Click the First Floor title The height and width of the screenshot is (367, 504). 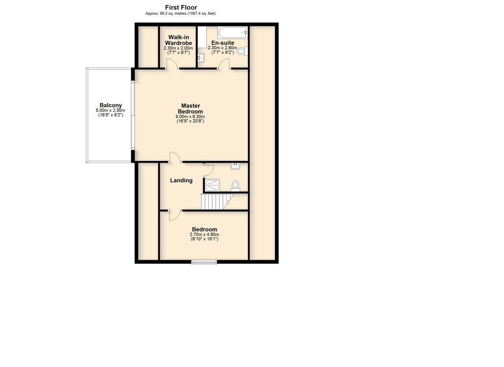click(x=181, y=8)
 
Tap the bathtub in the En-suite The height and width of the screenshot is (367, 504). click(x=232, y=33)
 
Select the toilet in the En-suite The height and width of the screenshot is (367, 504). click(x=242, y=51)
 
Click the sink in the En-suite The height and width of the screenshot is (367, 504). click(x=201, y=58)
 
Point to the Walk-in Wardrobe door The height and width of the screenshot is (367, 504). click(x=172, y=64)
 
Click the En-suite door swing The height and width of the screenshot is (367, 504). click(x=224, y=64)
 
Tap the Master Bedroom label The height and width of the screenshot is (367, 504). click(x=190, y=108)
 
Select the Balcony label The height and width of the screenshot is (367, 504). click(x=111, y=105)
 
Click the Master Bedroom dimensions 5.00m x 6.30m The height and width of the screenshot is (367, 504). click(x=190, y=116)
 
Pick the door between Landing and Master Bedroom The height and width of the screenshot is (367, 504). click(x=176, y=157)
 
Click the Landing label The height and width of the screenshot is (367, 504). click(x=181, y=180)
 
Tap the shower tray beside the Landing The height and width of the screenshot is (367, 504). click(x=213, y=185)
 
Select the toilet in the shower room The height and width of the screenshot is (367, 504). click(x=235, y=186)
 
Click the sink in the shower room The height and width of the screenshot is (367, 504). click(x=235, y=166)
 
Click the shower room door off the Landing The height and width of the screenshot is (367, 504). click(x=209, y=170)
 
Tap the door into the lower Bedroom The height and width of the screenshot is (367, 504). click(x=175, y=215)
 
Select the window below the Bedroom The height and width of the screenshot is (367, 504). click(x=204, y=262)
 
